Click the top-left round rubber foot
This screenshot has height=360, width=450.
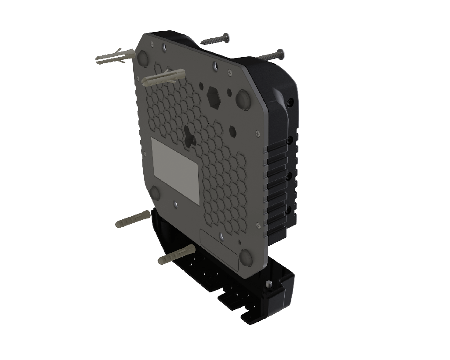143,58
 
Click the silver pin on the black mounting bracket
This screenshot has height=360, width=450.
269,284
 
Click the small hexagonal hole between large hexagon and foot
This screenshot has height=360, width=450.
229,92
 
